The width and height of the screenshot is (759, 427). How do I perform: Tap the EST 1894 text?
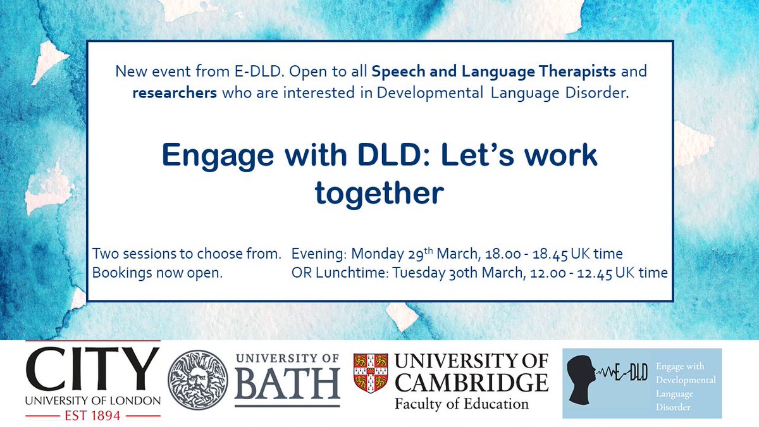pos(92,416)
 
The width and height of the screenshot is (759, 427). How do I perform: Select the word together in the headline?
pos(379,194)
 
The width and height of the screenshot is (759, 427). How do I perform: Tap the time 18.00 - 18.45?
pos(529,254)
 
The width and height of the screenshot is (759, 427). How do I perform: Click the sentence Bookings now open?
pos(157,273)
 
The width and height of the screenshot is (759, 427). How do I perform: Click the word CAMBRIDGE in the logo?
pos(471,383)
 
